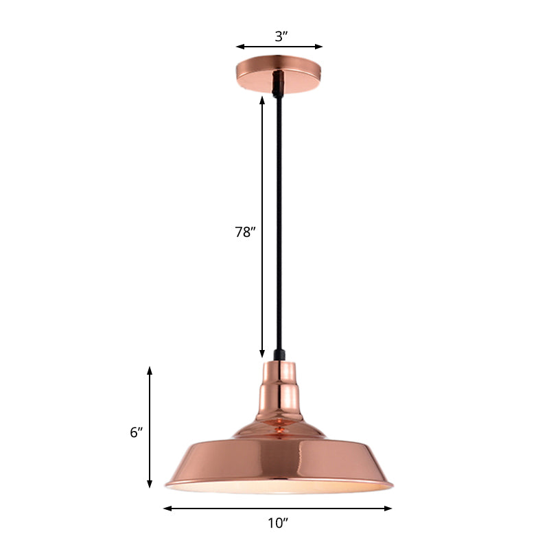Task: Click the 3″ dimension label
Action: tap(279, 37)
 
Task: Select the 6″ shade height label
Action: tap(135, 432)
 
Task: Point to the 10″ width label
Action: tap(277, 524)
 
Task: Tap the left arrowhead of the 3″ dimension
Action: tap(240, 47)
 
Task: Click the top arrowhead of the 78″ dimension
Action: tap(262, 100)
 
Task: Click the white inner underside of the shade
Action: tap(279, 487)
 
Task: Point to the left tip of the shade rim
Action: tap(167, 485)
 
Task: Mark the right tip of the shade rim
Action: tap(392, 487)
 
